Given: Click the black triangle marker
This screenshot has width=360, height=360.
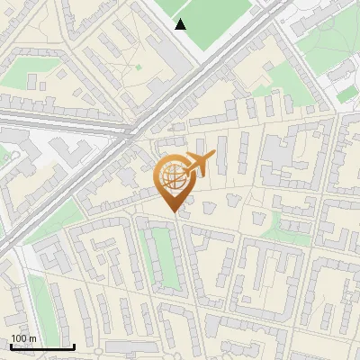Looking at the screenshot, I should point(181,24).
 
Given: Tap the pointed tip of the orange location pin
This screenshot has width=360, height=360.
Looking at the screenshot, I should point(173,211).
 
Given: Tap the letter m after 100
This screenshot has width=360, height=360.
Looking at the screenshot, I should point(33,338).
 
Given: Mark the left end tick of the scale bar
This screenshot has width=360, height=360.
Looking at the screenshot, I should point(10,346).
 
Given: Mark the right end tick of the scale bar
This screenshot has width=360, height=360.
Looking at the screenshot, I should point(74,346).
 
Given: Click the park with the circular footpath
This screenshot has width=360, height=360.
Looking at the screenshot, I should point(328,45).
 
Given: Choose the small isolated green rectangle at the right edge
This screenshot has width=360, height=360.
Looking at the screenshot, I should point(346,94).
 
